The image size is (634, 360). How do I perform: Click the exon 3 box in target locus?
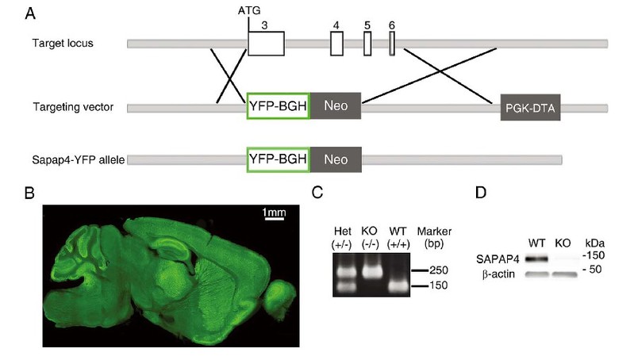click(266, 44)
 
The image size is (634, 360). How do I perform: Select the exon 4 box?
click(336, 44)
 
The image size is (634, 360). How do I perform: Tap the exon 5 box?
click(367, 44)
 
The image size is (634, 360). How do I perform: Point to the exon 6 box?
click(392, 44)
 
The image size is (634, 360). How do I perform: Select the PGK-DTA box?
click(530, 107)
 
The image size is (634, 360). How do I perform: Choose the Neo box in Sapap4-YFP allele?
click(335, 159)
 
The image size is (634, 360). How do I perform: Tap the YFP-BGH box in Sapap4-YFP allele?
click(278, 159)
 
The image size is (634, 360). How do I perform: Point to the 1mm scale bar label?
click(275, 213)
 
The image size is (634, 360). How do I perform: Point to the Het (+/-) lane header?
click(342, 236)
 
